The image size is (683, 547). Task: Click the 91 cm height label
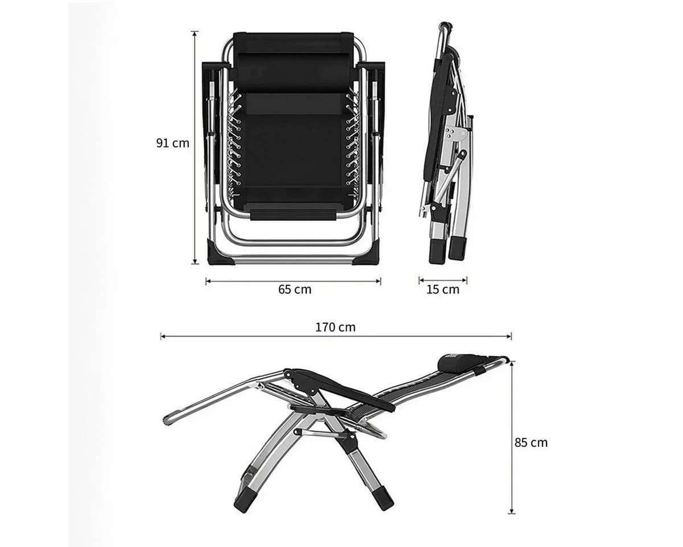coord(172,144)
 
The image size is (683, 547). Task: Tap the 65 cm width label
coord(294,289)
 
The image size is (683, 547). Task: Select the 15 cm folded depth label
coord(443,289)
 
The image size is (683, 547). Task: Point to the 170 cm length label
coord(335,327)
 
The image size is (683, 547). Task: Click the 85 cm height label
coord(531,442)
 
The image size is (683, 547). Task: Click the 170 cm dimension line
coord(336,336)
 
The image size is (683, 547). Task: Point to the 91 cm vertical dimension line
coord(195,148)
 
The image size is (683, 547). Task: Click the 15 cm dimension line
coord(443,280)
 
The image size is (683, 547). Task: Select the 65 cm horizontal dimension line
coord(293,281)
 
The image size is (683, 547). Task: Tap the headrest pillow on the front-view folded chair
coord(293,72)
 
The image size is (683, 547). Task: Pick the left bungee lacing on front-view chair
coord(234,143)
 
